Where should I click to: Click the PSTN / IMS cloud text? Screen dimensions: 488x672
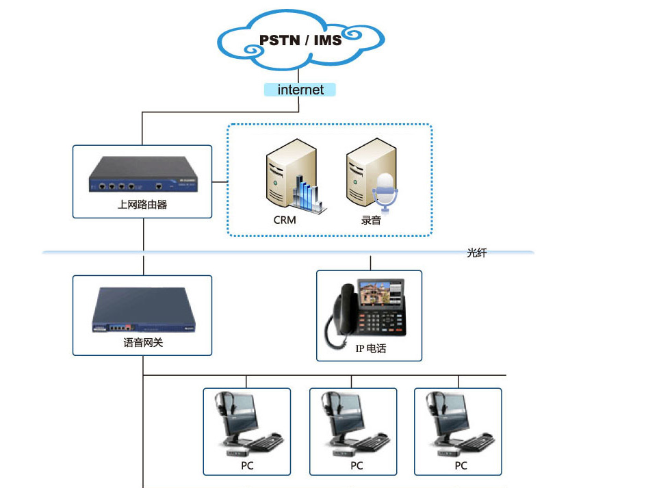[x=300, y=40]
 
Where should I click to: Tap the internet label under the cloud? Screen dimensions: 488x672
[x=300, y=90]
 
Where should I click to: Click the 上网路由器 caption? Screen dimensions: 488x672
[x=142, y=204]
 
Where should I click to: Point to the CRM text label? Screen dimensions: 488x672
[x=285, y=220]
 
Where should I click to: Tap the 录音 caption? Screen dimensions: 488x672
[x=371, y=220]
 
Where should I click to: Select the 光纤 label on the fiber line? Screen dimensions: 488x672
[x=477, y=253]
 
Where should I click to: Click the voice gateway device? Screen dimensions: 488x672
[x=143, y=310]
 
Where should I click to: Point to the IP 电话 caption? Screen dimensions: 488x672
[x=370, y=348]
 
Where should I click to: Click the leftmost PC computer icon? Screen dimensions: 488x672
[x=246, y=425]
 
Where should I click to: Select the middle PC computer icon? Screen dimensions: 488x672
[x=352, y=425]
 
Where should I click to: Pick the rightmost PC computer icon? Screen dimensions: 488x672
[x=458, y=425]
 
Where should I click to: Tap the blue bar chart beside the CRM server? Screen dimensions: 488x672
[x=308, y=192]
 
